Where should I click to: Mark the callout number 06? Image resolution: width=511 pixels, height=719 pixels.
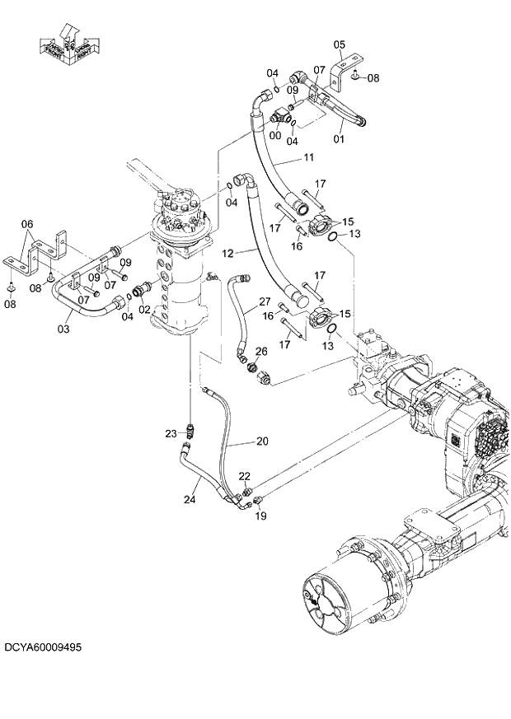pyautogui.click(x=27, y=224)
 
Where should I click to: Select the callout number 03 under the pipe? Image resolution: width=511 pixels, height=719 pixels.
pyautogui.click(x=63, y=329)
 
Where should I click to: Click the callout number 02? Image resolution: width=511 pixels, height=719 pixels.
pyautogui.click(x=145, y=310)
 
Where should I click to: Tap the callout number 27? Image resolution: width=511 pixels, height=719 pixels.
pyautogui.click(x=265, y=301)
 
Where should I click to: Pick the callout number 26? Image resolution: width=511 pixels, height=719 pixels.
pyautogui.click(x=261, y=351)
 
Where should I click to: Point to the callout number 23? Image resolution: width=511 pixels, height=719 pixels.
pyautogui.click(x=171, y=433)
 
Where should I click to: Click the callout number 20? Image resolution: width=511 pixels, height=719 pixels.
pyautogui.click(x=262, y=441)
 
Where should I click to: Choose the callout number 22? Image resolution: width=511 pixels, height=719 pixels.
pyautogui.click(x=244, y=476)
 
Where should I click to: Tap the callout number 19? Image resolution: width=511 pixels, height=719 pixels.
pyautogui.click(x=260, y=516)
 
